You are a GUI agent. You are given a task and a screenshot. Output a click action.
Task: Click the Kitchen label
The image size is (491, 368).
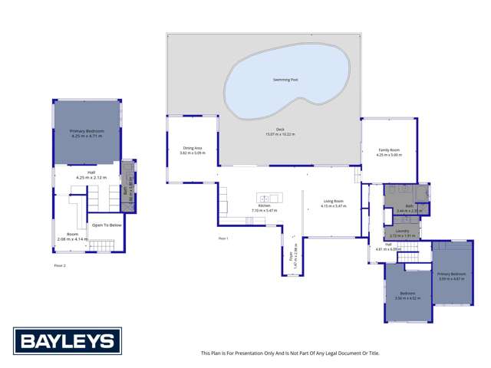pyautogui.click(x=265, y=205)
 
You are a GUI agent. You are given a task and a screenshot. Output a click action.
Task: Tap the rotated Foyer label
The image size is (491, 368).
pyautogui.click(x=292, y=251)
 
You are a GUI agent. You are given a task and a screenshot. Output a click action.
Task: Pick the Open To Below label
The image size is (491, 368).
pyautogui.click(x=107, y=225)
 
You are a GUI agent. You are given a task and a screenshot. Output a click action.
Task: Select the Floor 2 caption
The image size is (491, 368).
pyautogui.click(x=59, y=265)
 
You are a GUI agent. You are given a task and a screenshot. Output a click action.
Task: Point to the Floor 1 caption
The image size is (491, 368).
pyautogui.click(x=224, y=238)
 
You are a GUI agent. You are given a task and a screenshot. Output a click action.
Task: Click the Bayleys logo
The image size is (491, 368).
pyautogui.click(x=67, y=340)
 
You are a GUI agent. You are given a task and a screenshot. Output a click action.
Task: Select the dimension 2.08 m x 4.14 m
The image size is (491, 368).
pyautogui.click(x=73, y=239)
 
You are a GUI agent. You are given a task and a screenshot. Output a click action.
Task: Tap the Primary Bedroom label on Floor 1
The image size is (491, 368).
pyautogui.click(x=452, y=274)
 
